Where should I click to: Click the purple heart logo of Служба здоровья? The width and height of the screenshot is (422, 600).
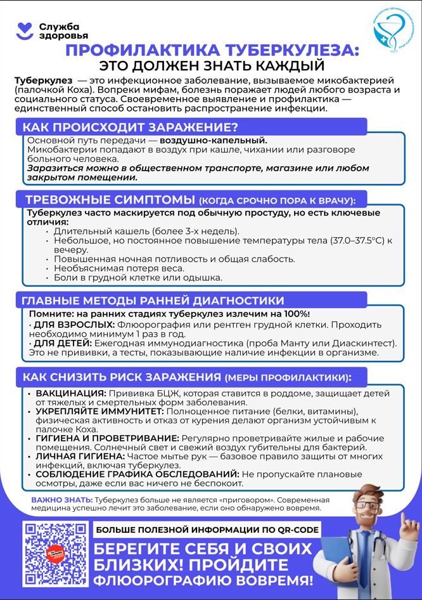coord(25,29)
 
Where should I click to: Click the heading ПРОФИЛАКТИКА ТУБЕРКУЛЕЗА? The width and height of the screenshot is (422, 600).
coord(212,51)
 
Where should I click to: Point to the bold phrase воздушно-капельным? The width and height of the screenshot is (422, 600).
coord(214,140)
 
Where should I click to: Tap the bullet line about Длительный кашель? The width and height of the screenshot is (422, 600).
coord(146,232)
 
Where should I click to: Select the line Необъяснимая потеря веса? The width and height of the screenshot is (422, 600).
coord(119,268)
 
